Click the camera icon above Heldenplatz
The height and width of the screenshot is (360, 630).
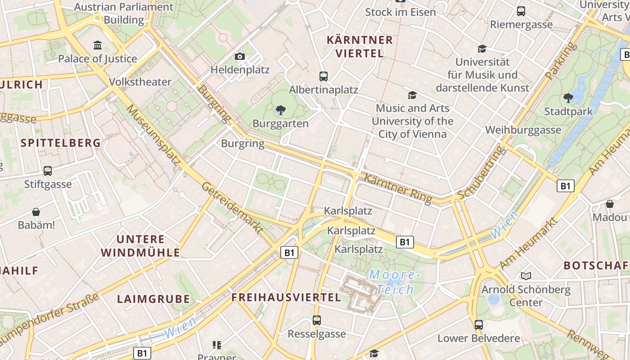(x=240, y=56)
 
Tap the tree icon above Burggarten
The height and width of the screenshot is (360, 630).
(x=281, y=109)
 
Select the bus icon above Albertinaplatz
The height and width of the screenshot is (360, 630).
(x=323, y=76)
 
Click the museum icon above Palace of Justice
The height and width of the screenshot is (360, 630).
(x=98, y=45)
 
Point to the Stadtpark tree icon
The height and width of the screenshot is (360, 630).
(x=568, y=98)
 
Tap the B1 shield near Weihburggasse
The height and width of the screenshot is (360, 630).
(x=566, y=185)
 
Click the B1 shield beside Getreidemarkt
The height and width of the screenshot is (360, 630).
(x=289, y=252)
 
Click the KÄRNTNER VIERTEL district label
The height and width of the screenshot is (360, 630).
(x=360, y=46)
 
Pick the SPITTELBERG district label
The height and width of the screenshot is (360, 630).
(x=61, y=143)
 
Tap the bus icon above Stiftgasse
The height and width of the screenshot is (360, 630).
(x=48, y=171)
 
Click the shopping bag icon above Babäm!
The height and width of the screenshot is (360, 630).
(x=36, y=211)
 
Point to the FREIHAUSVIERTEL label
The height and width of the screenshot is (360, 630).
(x=286, y=297)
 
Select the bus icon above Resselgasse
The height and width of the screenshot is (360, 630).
(x=317, y=320)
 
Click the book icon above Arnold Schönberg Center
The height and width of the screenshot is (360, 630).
(x=526, y=276)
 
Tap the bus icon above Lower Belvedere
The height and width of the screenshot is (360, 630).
(x=478, y=324)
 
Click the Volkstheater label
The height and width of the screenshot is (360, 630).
(x=140, y=82)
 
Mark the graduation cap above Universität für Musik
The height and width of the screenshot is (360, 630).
(x=482, y=49)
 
